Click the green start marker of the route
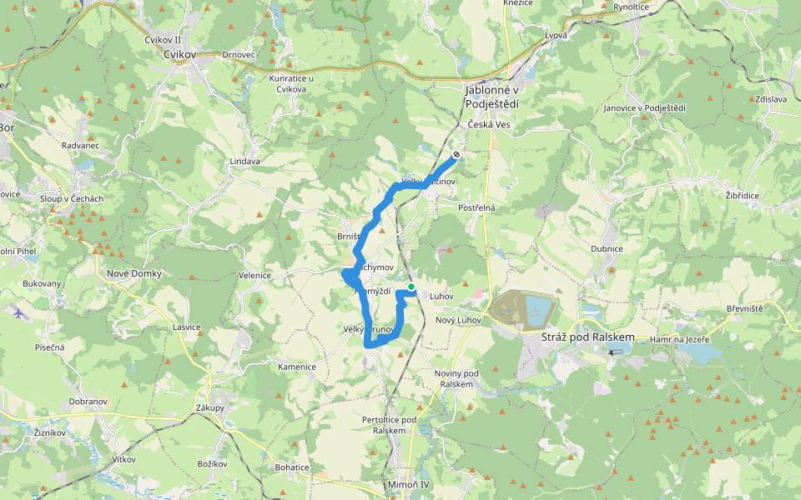tap(411, 287)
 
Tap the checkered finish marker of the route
tap(456, 154)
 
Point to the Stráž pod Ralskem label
tap(588, 337)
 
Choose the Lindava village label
tap(244, 161)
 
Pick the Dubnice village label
tap(607, 248)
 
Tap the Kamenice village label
tap(297, 367)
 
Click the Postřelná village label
tap(477, 207)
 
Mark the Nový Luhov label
tap(456, 321)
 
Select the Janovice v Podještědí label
tap(644, 108)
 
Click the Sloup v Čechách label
tap(73, 198)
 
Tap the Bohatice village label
tap(292, 467)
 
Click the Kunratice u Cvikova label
tap(287, 83)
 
